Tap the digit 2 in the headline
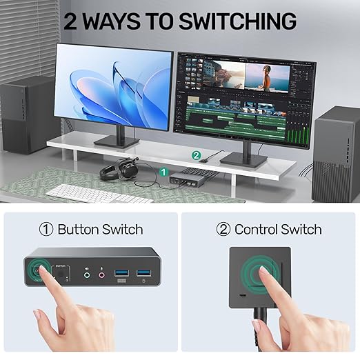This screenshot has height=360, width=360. [x=72, y=21]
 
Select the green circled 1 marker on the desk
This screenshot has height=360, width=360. [x=163, y=170]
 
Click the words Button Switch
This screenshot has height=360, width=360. [x=100, y=229]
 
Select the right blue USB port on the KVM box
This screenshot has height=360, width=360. [x=143, y=274]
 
